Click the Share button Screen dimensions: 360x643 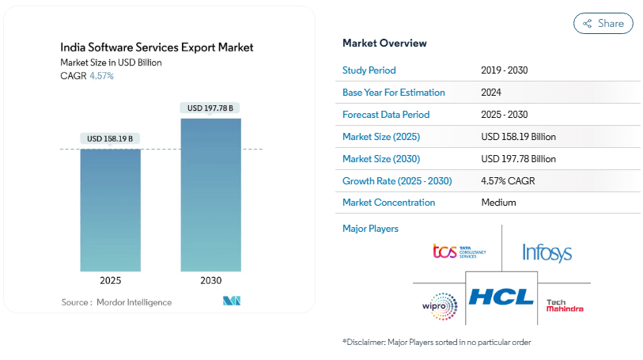[603, 24]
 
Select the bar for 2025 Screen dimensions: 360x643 [110, 210]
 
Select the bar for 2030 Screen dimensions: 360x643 [210, 195]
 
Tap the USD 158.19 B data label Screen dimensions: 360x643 [110, 138]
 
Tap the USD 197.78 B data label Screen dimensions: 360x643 [210, 108]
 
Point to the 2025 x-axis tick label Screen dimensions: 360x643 [110, 281]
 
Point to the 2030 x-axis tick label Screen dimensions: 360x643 [210, 281]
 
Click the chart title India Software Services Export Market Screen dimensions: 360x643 [157, 47]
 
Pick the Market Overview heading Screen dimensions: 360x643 [384, 43]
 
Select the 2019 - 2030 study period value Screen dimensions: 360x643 [504, 70]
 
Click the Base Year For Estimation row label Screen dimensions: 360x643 [393, 93]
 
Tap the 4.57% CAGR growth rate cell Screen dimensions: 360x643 [508, 181]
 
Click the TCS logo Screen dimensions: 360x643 [459, 252]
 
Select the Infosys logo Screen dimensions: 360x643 [547, 252]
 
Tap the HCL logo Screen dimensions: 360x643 [501, 297]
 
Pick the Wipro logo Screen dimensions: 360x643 [440, 305]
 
